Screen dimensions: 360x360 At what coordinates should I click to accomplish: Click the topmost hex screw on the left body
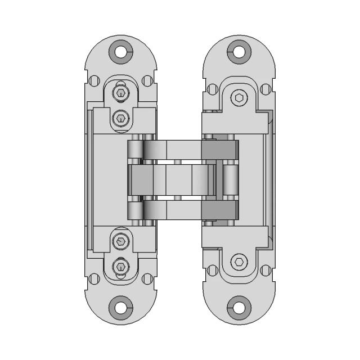tap(120, 93)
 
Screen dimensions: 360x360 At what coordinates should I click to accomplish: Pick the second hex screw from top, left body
tap(120, 118)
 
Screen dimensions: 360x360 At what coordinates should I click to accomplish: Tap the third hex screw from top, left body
tap(120, 242)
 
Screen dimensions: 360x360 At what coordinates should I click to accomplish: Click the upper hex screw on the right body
tap(240, 98)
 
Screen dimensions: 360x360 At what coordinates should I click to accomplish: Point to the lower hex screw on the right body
tap(240, 262)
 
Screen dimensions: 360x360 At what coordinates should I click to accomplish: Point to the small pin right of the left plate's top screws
tap(148, 81)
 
